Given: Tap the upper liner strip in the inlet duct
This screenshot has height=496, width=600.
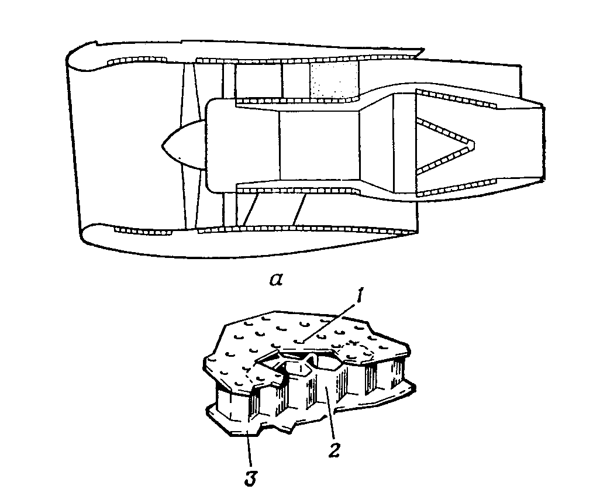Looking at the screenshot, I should [x=138, y=61].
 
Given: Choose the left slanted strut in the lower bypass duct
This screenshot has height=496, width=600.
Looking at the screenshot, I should [x=249, y=211].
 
